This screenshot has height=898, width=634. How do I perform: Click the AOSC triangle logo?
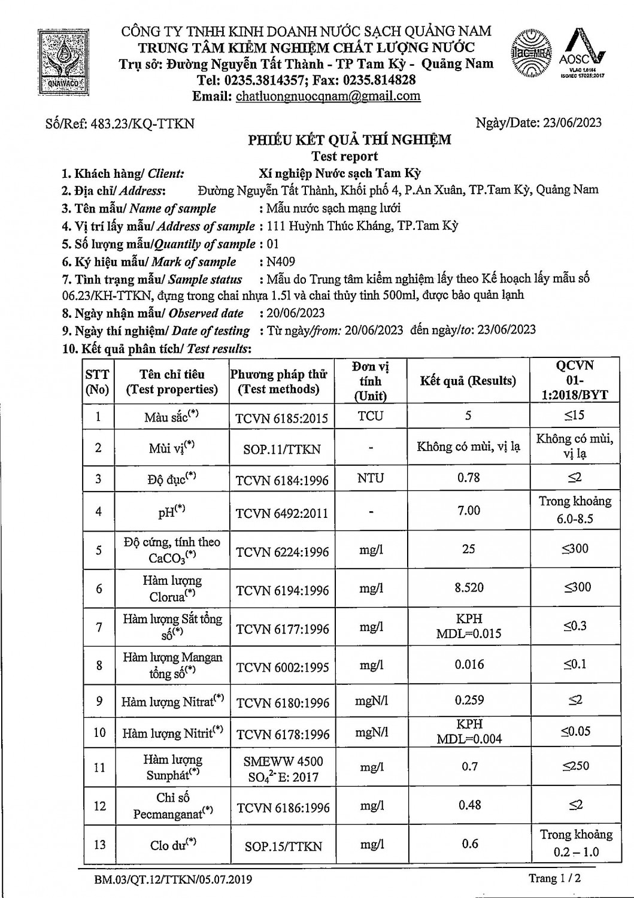click(x=583, y=53)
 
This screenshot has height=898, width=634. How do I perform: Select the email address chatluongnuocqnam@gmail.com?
click(x=328, y=96)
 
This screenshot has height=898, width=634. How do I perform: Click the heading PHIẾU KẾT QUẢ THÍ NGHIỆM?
click(x=350, y=140)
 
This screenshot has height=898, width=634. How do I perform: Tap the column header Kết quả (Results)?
click(x=468, y=381)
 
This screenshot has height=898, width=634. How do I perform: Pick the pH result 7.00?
click(x=468, y=510)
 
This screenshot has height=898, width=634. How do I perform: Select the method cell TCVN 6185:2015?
click(x=281, y=417)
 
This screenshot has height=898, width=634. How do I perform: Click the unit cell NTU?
click(x=371, y=478)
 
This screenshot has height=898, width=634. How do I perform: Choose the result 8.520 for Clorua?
click(x=469, y=588)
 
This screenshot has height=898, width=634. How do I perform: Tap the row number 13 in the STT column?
click(x=99, y=844)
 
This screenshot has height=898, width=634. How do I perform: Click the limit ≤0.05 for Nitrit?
click(x=575, y=732)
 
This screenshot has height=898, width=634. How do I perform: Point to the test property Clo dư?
click(x=173, y=844)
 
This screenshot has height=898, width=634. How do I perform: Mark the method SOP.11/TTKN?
click(x=282, y=448)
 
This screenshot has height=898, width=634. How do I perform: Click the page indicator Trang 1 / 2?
click(x=555, y=878)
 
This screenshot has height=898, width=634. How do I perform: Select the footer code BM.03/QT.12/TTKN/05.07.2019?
click(x=173, y=879)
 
